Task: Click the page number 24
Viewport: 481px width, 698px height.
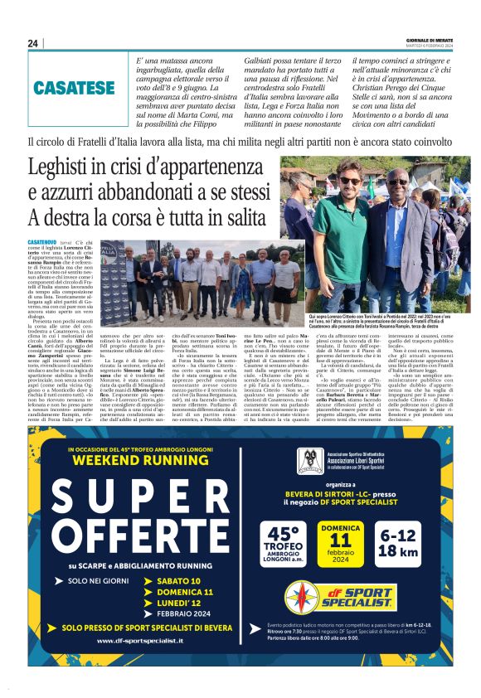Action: pyautogui.click(x=33, y=43)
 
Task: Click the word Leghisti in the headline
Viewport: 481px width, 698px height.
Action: pyautogui.click(x=66, y=170)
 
